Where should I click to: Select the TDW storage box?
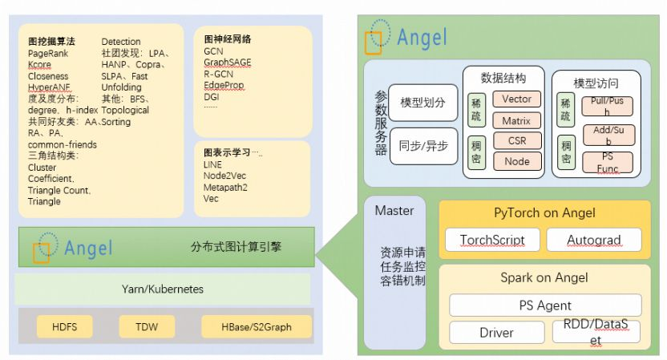click(x=147, y=326)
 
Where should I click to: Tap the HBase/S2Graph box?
click(x=246, y=326)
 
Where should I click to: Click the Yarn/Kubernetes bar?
click(x=163, y=289)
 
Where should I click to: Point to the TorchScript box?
click(x=492, y=240)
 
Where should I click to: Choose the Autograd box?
click(x=594, y=240)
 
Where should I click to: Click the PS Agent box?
click(x=545, y=305)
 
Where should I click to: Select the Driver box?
click(x=495, y=331)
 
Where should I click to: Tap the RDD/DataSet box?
click(x=597, y=332)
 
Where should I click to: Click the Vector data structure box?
click(x=517, y=99)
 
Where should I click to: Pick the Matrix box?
click(x=517, y=121)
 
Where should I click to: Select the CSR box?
click(x=517, y=141)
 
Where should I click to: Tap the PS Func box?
click(x=607, y=163)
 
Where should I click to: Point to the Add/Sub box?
click(x=607, y=134)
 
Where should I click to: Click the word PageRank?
click(x=48, y=53)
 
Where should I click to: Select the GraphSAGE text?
click(x=227, y=62)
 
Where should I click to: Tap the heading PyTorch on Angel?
click(x=544, y=213)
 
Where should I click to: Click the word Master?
click(x=394, y=211)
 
